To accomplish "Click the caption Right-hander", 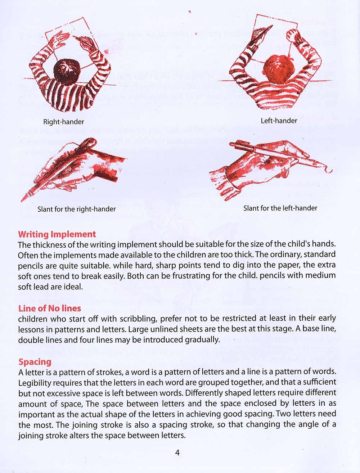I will pyautogui.click(x=63, y=122).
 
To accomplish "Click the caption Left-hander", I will pyautogui.click(x=279, y=121).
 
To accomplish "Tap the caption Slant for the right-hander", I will pyautogui.click(x=77, y=209).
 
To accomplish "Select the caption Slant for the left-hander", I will pyautogui.click(x=280, y=208).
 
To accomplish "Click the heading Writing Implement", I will pyautogui.click(x=57, y=234).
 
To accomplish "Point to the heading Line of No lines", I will pyautogui.click(x=50, y=308).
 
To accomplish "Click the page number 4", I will pyautogui.click(x=177, y=453).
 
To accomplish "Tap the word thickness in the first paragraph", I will pyautogui.click(x=48, y=245).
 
